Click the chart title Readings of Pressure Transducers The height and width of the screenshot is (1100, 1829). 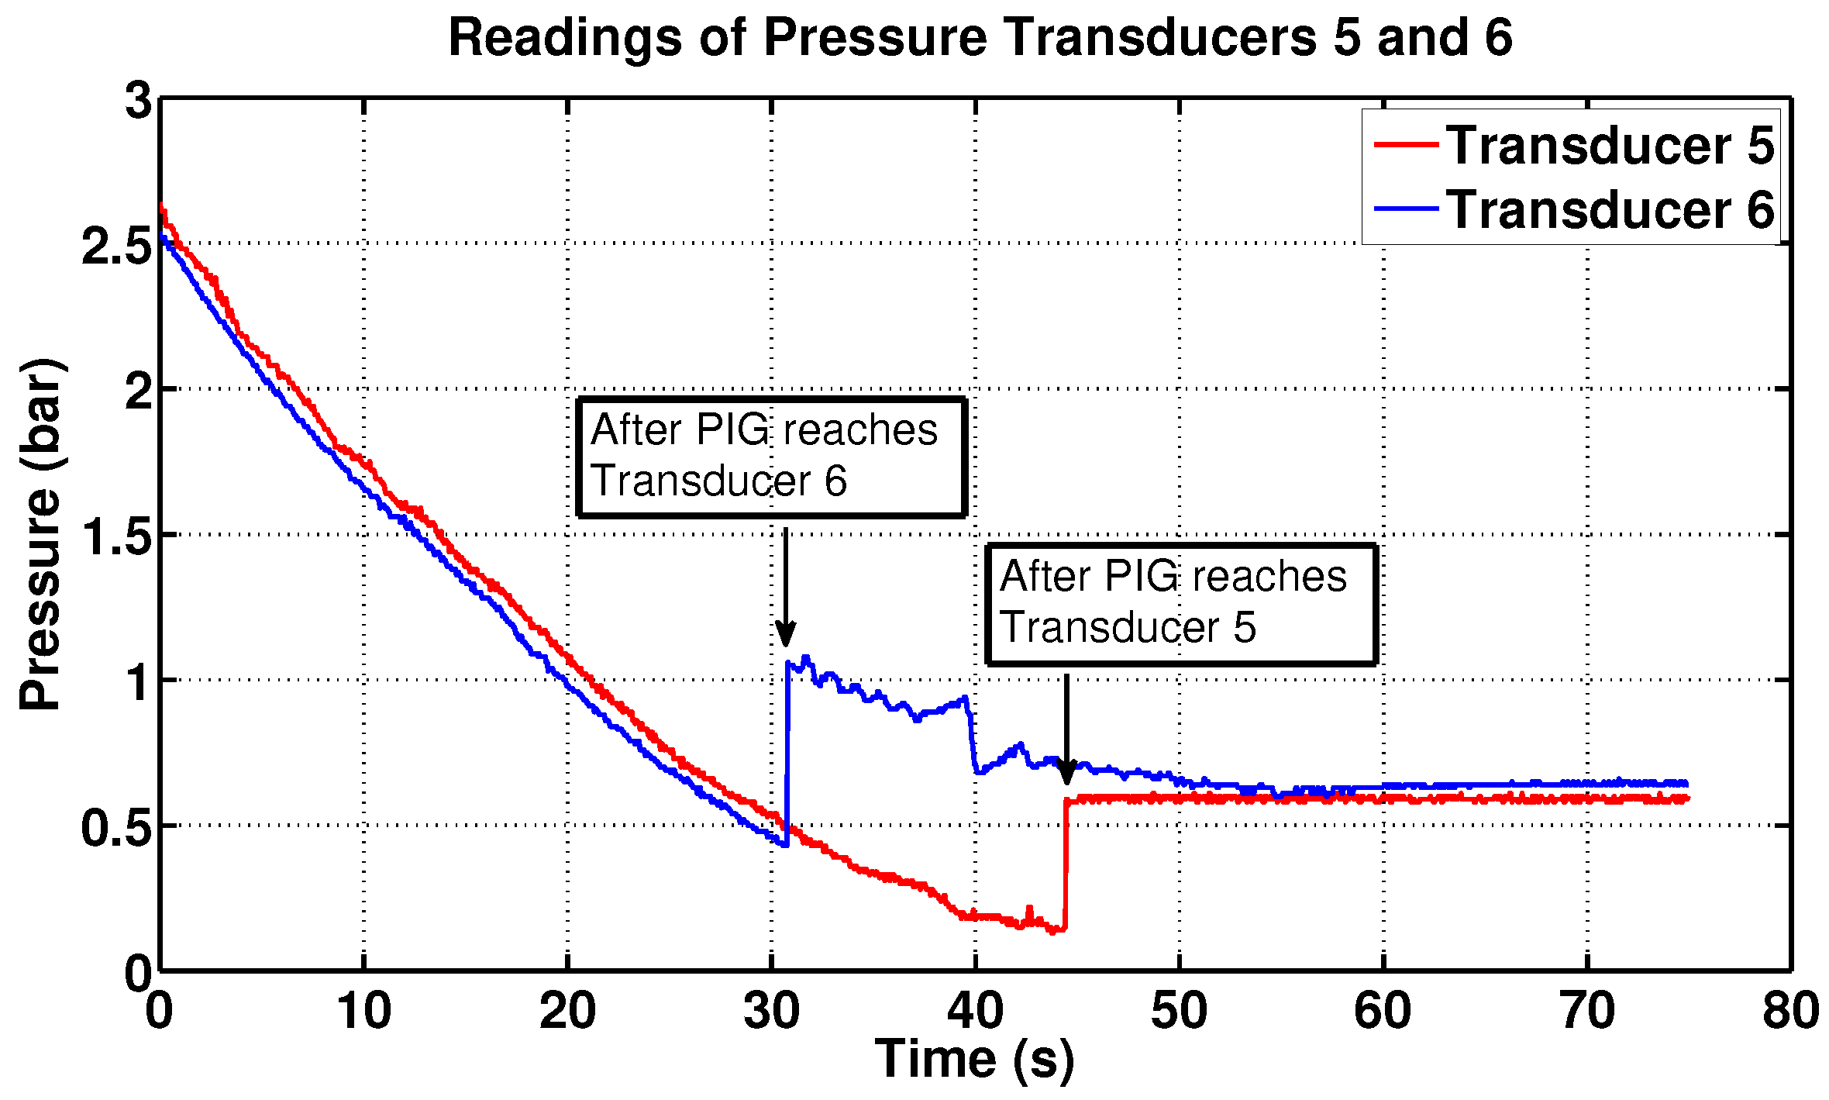pyautogui.click(x=980, y=37)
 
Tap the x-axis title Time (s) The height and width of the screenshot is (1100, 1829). pyautogui.click(x=974, y=1059)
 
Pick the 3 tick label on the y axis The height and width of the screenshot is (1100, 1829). pyautogui.click(x=139, y=101)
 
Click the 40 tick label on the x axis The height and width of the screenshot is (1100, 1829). pyautogui.click(x=975, y=1011)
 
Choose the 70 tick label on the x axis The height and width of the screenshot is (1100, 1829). pyautogui.click(x=1587, y=1011)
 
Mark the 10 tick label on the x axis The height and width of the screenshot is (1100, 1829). pyautogui.click(x=363, y=1011)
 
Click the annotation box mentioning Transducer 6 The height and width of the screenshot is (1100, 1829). pyautogui.click(x=771, y=457)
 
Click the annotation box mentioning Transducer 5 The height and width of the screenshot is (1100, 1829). pyautogui.click(x=1180, y=604)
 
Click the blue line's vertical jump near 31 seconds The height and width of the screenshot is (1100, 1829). pyautogui.click(x=787, y=752)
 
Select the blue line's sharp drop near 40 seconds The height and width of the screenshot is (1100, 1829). pyautogui.click(x=972, y=736)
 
